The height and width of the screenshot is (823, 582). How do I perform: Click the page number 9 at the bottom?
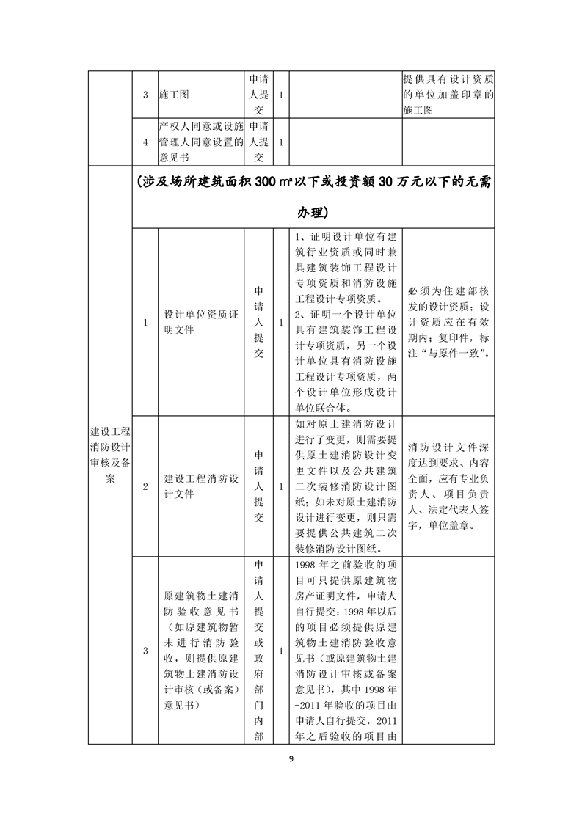(x=291, y=759)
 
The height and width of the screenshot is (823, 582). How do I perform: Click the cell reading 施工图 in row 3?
(x=173, y=95)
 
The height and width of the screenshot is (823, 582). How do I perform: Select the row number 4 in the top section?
(x=145, y=142)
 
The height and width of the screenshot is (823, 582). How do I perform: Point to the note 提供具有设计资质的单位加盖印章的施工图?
(x=448, y=95)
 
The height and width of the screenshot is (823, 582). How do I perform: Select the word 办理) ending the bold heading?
(x=312, y=213)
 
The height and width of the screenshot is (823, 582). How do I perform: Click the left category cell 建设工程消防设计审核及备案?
(x=109, y=455)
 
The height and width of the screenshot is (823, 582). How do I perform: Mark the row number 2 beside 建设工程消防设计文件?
(x=145, y=486)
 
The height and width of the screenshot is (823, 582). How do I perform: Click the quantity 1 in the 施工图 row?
(x=282, y=95)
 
